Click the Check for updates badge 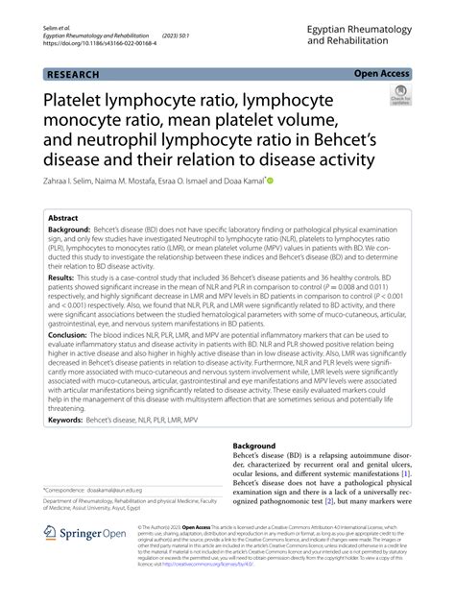click(x=400, y=95)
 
